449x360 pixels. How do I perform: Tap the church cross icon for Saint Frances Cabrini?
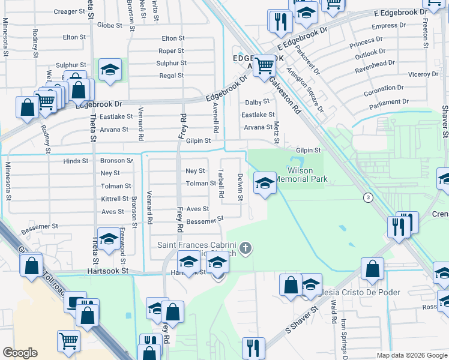(245, 247)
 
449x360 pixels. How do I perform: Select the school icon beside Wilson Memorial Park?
(265, 182)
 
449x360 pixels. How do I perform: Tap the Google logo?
(20, 353)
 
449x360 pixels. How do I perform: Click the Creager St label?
(69, 11)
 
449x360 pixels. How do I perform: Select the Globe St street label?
(109, 25)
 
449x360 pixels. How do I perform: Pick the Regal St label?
(171, 76)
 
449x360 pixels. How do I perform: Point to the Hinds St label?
(76, 161)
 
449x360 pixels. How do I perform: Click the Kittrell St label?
(115, 199)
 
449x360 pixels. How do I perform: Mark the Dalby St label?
(257, 103)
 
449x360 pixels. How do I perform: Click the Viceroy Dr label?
(424, 74)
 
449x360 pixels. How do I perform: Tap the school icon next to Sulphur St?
(110, 70)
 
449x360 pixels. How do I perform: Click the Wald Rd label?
(333, 313)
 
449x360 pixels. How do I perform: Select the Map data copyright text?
(411, 355)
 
